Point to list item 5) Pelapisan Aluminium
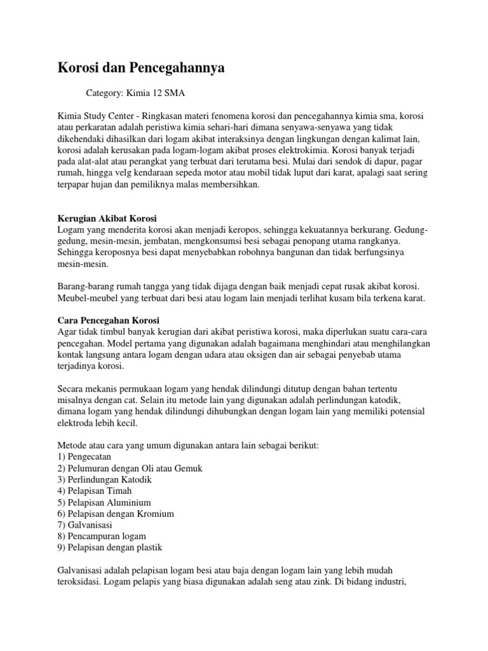pos(104,502)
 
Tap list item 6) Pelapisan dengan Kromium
pos(115,514)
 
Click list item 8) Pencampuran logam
pos(102,537)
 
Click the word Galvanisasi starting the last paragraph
pos(79,571)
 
